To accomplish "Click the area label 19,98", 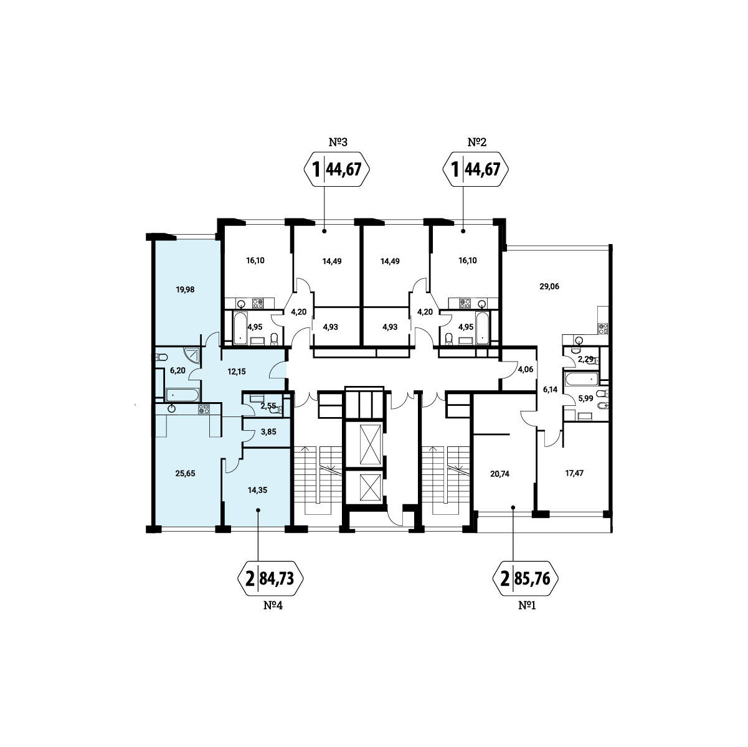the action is (x=185, y=289).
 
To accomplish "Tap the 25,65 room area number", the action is (x=185, y=473).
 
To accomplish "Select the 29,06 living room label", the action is (x=549, y=286).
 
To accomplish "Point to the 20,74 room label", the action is (x=499, y=474).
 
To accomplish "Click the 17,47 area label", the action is (x=574, y=472).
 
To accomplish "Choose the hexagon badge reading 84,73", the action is (x=270, y=578).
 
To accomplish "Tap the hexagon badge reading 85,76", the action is (x=526, y=578).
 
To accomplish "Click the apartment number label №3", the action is (x=338, y=142).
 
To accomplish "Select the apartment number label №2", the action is (x=476, y=142).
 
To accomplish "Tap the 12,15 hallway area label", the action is (x=237, y=372).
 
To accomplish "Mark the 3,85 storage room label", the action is (x=268, y=431).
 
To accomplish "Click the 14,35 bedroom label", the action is (x=257, y=490).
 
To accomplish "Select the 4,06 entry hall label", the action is (x=525, y=369).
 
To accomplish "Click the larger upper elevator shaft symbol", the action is (x=370, y=444).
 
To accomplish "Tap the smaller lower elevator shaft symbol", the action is (x=370, y=488).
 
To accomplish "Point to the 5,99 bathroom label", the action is (x=585, y=398).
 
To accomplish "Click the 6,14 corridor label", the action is (x=550, y=390).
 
